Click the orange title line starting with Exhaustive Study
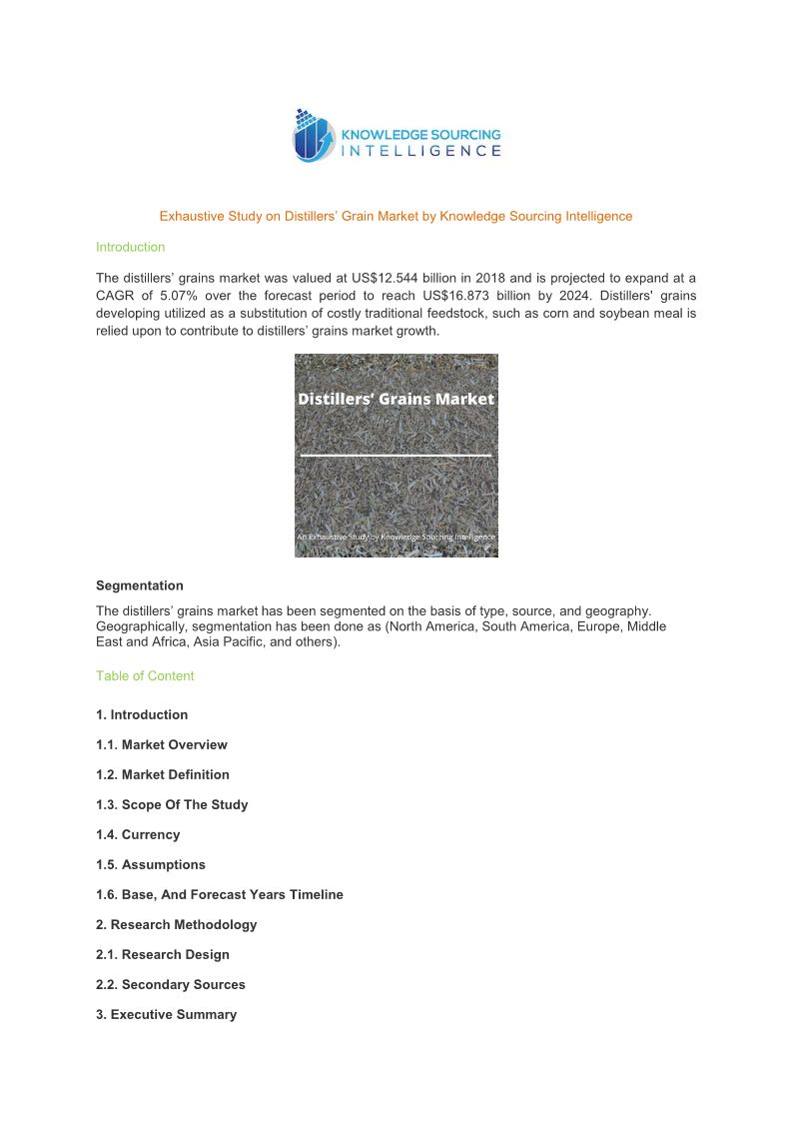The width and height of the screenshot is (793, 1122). [396, 216]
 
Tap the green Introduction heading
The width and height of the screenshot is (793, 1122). [130, 247]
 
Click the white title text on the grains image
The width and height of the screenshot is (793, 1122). [396, 399]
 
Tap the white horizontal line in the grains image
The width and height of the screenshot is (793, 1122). [396, 456]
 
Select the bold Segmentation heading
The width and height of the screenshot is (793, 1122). [139, 585]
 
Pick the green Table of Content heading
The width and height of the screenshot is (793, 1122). [145, 675]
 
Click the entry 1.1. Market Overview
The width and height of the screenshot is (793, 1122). [161, 744]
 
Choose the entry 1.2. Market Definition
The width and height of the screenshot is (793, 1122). [162, 774]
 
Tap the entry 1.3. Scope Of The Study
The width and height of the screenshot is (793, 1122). [172, 804]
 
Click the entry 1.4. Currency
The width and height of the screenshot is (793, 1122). [138, 834]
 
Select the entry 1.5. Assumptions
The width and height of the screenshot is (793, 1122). [151, 864]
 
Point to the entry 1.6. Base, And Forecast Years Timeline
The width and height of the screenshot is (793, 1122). [219, 894]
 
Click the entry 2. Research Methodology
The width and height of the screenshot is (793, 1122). [176, 924]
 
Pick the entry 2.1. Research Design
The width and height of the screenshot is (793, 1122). [162, 954]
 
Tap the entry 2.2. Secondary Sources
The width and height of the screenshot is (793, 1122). [170, 984]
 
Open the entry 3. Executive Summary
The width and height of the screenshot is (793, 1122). [166, 1014]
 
